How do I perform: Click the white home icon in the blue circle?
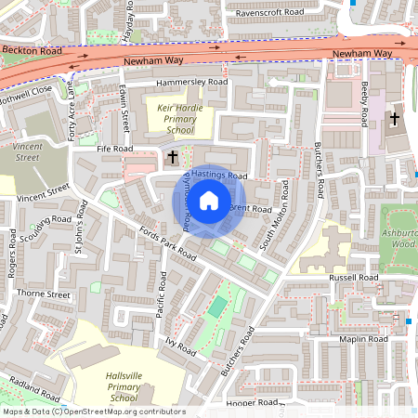click(x=209, y=201)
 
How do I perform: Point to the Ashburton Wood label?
click(x=398, y=238)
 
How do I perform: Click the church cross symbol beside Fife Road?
click(x=172, y=159)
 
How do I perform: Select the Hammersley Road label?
click(x=191, y=83)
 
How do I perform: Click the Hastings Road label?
click(x=216, y=176)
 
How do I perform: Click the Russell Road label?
click(x=352, y=278)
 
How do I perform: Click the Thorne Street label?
click(x=44, y=294)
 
